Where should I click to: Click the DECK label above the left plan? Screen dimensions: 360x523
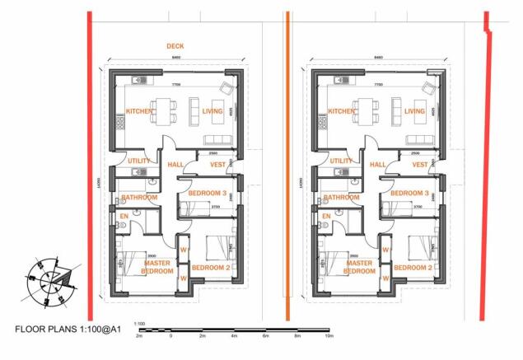pos(175,46)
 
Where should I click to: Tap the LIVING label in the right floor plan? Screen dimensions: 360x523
pos(414,111)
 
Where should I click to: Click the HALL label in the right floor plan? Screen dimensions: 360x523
pos(377,165)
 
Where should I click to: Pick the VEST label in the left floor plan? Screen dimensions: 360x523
pos(218,165)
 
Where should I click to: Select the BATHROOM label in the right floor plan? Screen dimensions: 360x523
pos(341,198)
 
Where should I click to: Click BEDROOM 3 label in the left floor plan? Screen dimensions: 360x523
pos(208,193)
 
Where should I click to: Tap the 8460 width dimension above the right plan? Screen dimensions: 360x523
pos(378,58)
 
